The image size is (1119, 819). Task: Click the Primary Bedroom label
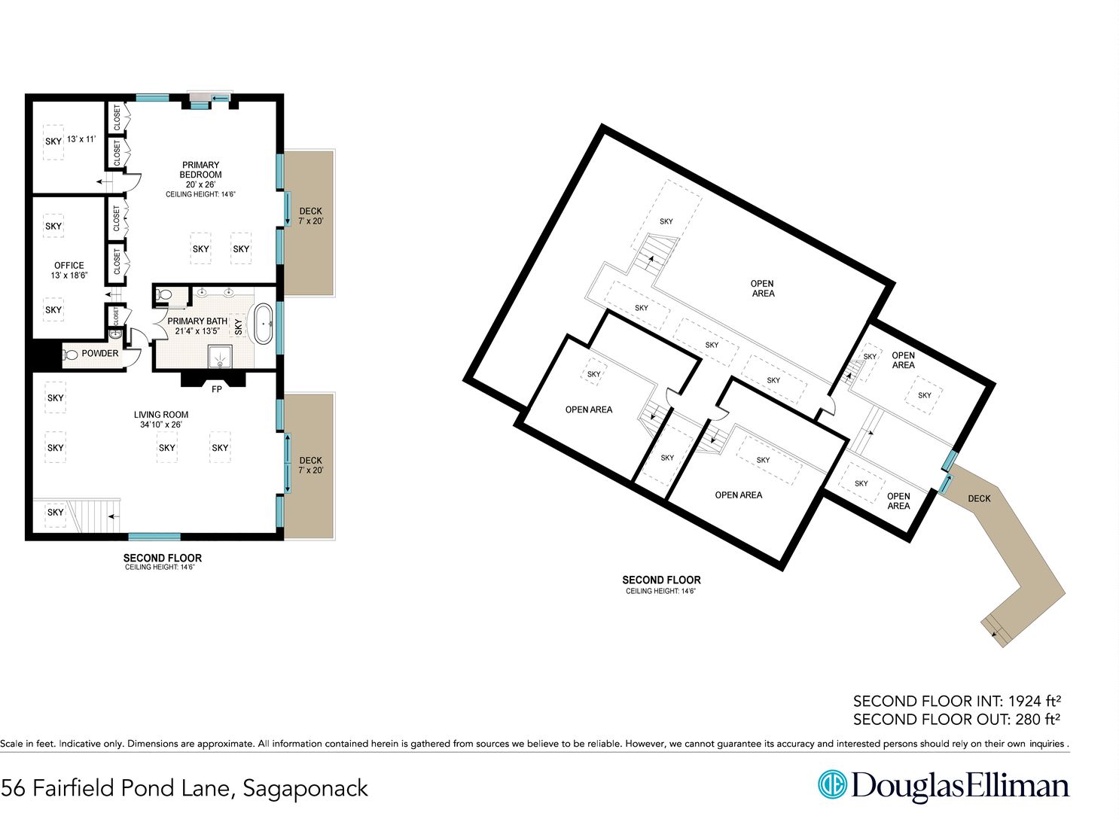[x=200, y=170]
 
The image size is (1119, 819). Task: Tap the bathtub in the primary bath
[x=264, y=324]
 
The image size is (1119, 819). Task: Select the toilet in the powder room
[x=70, y=355]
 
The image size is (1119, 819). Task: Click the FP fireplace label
[x=216, y=389]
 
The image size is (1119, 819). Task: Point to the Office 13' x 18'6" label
[x=69, y=270]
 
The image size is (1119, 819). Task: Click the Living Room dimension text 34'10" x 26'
[x=161, y=425]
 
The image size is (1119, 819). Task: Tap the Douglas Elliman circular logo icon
[x=832, y=784]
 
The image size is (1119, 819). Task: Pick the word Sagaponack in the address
[x=305, y=789]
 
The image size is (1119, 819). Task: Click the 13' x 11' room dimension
[x=81, y=139]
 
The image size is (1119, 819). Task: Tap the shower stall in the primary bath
[x=221, y=357]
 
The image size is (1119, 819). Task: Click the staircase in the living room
[x=95, y=516]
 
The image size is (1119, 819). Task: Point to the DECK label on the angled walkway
[x=979, y=498]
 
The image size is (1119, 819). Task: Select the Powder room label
[x=100, y=353]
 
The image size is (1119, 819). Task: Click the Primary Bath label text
[x=197, y=321]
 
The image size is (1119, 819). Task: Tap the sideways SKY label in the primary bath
[x=238, y=327]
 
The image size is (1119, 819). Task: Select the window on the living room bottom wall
[x=154, y=537]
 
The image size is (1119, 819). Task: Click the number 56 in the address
[x=13, y=788]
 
